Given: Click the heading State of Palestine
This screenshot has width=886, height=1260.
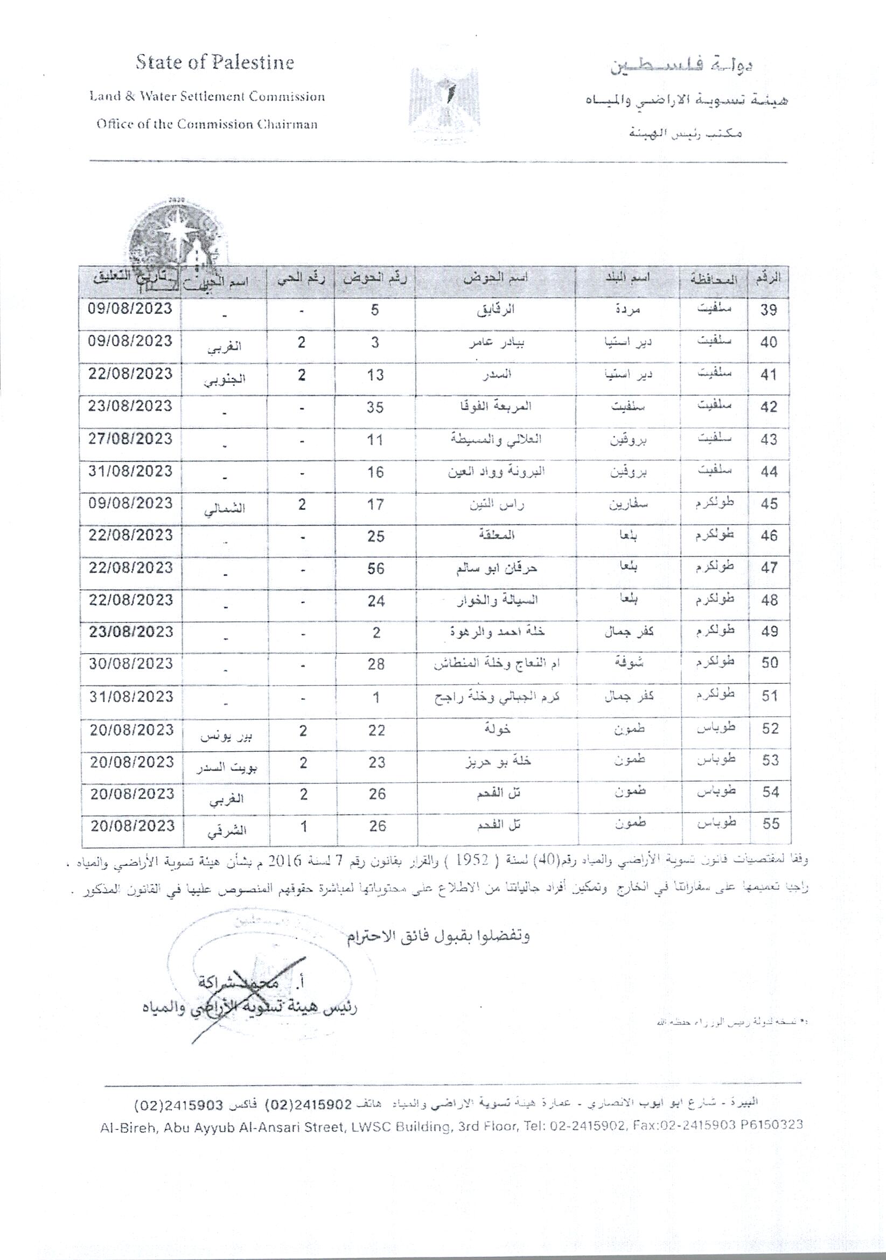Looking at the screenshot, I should (215, 63).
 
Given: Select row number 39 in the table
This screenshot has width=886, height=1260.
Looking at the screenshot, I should (769, 310).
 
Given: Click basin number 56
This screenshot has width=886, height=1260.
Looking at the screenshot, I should (375, 569).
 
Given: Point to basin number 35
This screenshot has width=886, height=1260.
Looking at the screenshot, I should (375, 407).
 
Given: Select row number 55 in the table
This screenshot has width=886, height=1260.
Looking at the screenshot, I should (770, 824).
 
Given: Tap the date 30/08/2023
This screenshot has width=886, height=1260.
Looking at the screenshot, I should (131, 663).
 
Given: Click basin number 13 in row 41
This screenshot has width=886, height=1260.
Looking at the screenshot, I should (375, 375).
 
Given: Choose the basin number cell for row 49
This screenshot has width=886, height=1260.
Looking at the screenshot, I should (376, 633).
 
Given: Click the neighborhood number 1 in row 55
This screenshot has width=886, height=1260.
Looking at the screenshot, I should (303, 826).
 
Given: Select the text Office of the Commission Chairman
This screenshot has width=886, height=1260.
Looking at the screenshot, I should (207, 124).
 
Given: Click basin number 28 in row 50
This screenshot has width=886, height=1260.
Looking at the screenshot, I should (376, 664).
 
